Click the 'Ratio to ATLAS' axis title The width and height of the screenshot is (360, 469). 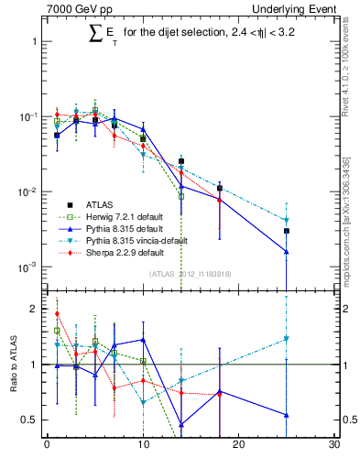click(12, 365)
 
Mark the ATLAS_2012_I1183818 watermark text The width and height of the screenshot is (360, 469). click(190, 274)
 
